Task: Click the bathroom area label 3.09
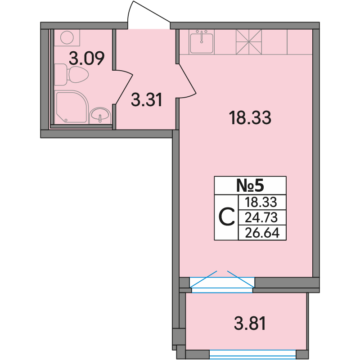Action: (x=87, y=58)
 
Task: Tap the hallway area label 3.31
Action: (x=147, y=99)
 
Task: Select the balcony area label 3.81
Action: (x=250, y=323)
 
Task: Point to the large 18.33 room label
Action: (x=250, y=117)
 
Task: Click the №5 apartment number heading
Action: (x=250, y=185)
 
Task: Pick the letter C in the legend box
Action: (x=226, y=217)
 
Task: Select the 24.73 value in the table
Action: (x=261, y=217)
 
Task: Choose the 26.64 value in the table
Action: (x=262, y=233)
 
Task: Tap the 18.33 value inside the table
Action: (x=261, y=202)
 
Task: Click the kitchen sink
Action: (x=202, y=42)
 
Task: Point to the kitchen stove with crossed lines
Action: (x=249, y=42)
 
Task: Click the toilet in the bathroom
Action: (x=72, y=75)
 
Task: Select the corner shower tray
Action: (x=72, y=107)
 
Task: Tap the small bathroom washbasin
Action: (x=100, y=116)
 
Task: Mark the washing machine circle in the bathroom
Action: (x=67, y=37)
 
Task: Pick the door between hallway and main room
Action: (x=187, y=81)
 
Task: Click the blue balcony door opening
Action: (x=222, y=282)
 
